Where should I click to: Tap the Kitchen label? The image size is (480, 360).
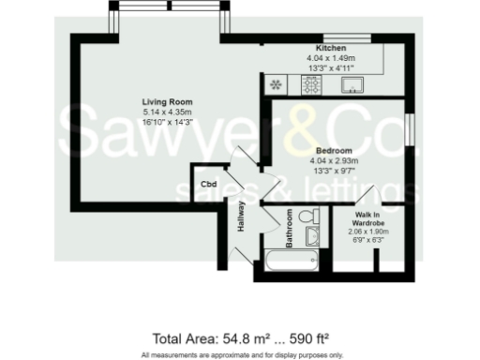tap(332, 48)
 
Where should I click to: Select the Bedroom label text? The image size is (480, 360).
tap(333, 151)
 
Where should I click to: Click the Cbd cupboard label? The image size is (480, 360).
tap(209, 185)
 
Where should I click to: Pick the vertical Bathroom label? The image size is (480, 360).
tap(291, 227)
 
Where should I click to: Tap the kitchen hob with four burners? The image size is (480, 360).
tap(310, 85)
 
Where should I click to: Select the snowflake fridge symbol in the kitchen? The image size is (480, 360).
tap(277, 85)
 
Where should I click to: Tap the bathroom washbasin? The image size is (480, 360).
tap(313, 236)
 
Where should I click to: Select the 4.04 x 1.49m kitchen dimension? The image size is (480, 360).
tap(332, 58)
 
